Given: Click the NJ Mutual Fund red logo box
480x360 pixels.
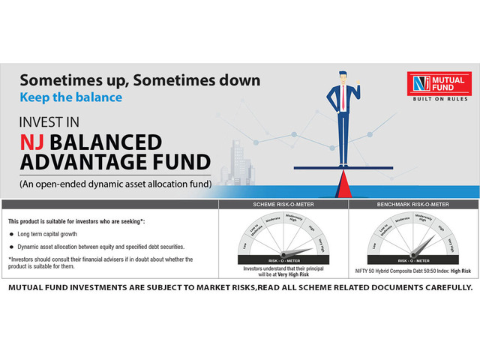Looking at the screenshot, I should [x=439, y=85].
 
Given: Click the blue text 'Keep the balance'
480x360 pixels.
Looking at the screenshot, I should [x=70, y=97].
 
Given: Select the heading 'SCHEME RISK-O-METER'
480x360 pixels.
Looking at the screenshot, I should [x=281, y=204].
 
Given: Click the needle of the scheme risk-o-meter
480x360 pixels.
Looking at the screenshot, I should [x=296, y=252].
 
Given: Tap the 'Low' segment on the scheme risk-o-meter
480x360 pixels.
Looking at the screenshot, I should [x=244, y=245].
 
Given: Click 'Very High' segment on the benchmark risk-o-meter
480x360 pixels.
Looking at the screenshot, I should [x=449, y=246].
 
